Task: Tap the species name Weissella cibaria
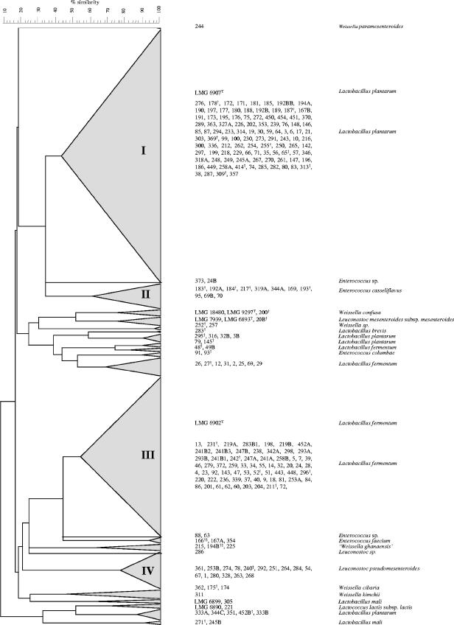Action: tap(357, 587)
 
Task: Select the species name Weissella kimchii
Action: tap(357, 594)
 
